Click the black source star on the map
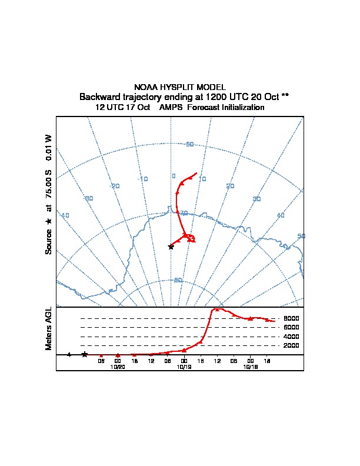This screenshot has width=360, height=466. coord(171,247)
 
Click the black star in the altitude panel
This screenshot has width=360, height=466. coord(85,354)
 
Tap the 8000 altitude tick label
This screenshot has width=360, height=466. coord(291,318)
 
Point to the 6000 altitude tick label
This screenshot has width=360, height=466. coord(291,327)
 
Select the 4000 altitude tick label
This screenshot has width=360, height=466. coord(291,337)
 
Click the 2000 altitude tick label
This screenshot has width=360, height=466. coord(291,345)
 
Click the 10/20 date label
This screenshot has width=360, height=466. coord(118,367)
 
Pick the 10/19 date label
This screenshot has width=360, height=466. coord(184,367)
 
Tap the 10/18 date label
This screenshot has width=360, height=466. coord(251,367)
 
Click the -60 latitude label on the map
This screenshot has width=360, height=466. coord(189,145)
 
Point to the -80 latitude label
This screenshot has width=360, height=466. coord(178,280)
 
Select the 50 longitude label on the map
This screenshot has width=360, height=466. coord(301,236)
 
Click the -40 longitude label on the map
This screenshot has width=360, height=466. coord(64,215)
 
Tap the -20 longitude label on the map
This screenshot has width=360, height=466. coord(115,186)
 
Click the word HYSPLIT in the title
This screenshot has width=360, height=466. coord(177,87)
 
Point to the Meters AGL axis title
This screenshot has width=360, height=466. coord(49,328)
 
